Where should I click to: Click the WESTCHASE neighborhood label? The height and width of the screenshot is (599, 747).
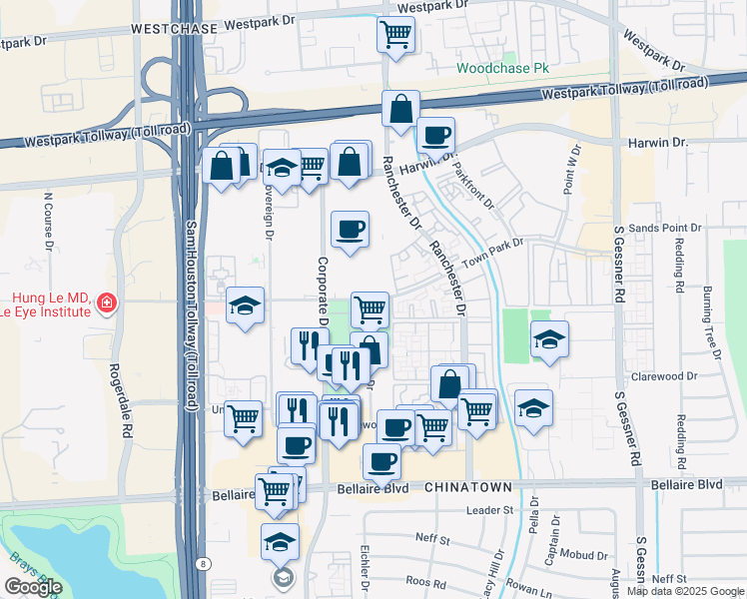tap(174, 30)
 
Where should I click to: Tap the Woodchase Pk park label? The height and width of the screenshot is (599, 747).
tap(504, 69)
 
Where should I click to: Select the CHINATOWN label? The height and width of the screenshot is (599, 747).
tap(468, 486)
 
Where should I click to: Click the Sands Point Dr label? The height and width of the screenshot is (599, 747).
tap(664, 229)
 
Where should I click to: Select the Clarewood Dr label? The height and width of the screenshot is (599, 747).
tap(662, 376)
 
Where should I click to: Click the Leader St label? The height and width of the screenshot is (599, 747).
tap(489, 510)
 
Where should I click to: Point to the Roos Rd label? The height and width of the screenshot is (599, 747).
tap(425, 581)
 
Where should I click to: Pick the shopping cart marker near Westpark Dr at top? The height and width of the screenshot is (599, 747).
tap(396, 34)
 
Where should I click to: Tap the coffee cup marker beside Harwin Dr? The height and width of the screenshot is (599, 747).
tap(434, 134)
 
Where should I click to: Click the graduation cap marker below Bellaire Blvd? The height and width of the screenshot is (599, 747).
tap(280, 541)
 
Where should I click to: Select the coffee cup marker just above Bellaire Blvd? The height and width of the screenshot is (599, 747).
tap(381, 461)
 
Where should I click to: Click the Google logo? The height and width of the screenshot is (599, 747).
tap(33, 587)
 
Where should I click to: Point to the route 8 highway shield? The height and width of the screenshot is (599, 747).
tap(204, 564)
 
